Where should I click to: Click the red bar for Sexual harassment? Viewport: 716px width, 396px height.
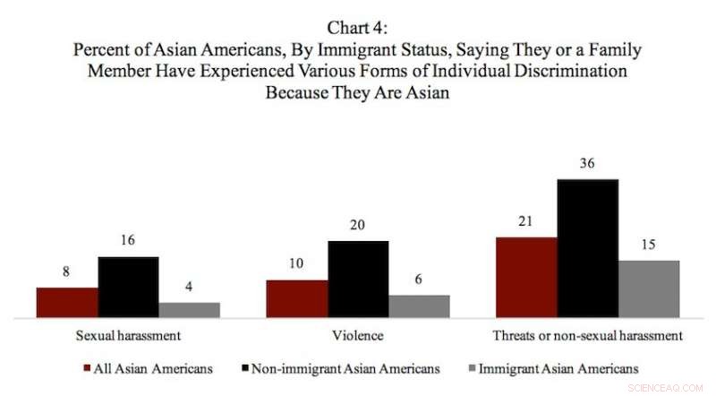click(x=67, y=302)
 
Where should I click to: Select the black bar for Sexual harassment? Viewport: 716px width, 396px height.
click(x=128, y=287)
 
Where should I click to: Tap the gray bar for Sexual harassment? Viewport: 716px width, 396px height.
click(x=190, y=309)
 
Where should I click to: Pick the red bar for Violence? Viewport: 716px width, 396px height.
click(x=297, y=298)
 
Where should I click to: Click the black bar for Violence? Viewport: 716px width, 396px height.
click(x=358, y=279)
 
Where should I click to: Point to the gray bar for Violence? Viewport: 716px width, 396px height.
click(x=419, y=306)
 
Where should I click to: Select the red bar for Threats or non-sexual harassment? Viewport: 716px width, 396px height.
click(x=526, y=277)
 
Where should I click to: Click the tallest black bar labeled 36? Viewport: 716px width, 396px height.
click(x=587, y=248)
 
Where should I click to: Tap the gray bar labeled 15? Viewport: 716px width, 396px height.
click(x=649, y=288)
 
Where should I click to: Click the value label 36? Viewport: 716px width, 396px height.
click(x=587, y=165)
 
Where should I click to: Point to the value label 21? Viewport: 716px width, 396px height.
click(x=526, y=222)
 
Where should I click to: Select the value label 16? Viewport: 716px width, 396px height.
click(x=128, y=242)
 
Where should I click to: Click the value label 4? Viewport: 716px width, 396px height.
click(x=190, y=287)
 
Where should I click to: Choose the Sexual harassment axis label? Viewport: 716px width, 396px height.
click(x=128, y=336)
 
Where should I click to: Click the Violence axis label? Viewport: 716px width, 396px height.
click(x=358, y=336)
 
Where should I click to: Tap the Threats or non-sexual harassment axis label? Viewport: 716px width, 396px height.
click(x=587, y=336)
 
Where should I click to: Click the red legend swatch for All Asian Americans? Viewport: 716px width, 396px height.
click(x=88, y=368)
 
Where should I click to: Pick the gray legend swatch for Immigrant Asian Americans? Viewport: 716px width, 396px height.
click(x=472, y=368)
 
